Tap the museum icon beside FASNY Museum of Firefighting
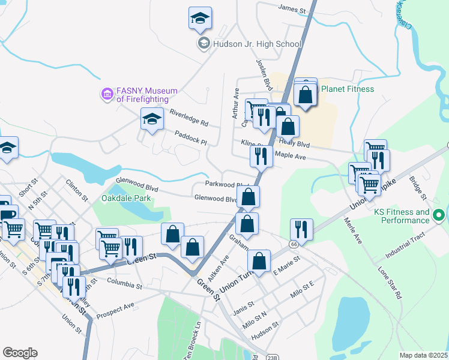[x=107, y=94]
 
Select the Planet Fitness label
[x=348, y=89]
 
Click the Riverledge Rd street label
[x=188, y=118]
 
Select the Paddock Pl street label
[x=190, y=138]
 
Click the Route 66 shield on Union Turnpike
[x=293, y=244]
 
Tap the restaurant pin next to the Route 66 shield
[x=301, y=229]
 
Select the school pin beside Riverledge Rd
[x=152, y=119]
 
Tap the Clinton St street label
[x=77, y=190]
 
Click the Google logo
[x=20, y=352]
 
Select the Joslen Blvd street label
[x=262, y=71]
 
